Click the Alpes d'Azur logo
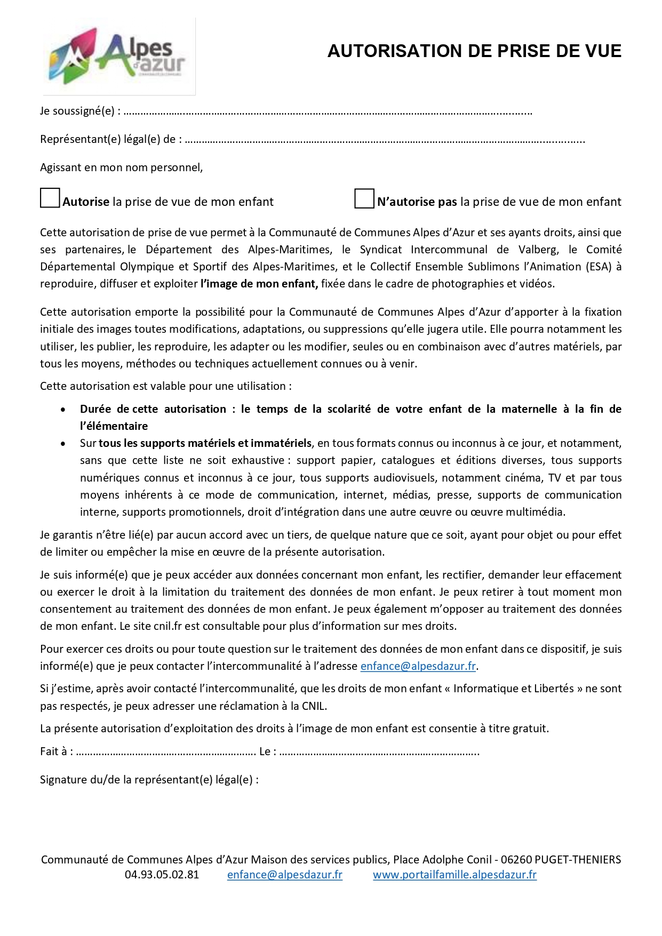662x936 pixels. (118, 57)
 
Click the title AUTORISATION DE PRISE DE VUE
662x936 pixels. (474, 51)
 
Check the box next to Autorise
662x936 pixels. (50, 198)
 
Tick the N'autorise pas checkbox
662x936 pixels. (364, 198)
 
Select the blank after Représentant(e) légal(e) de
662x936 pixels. (384, 140)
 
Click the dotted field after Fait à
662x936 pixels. (165, 752)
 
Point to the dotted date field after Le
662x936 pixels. (379, 752)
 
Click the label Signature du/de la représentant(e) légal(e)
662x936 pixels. (149, 780)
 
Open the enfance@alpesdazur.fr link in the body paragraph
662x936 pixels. (418, 666)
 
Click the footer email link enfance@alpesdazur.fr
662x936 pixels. (284, 875)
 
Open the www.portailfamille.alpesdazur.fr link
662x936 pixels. (454, 875)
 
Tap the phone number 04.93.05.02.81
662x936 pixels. (162, 875)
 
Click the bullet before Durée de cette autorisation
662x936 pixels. (63, 410)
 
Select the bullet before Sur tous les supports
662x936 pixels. (63, 444)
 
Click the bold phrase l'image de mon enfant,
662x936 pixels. (259, 284)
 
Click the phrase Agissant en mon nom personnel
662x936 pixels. (121, 167)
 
